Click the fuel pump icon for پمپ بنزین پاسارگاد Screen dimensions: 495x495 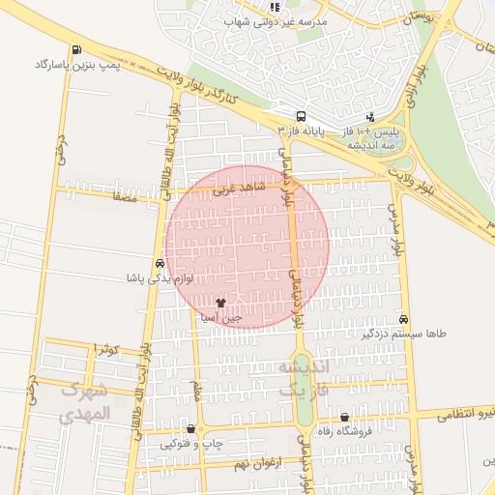click(76, 50)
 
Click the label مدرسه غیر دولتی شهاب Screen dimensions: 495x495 click(277, 20)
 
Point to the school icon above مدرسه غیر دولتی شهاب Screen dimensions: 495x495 click(276, 7)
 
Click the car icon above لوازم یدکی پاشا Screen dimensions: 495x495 click(160, 263)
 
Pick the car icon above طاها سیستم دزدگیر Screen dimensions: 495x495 click(403, 319)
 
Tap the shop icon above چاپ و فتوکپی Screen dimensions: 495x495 click(190, 429)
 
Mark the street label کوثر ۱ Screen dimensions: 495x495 click(105, 348)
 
